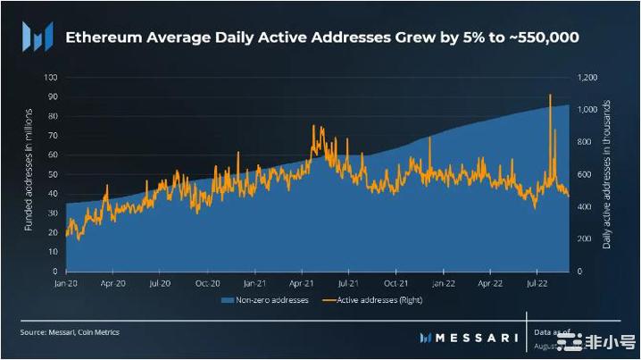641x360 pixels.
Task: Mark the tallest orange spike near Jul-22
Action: [550, 95]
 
